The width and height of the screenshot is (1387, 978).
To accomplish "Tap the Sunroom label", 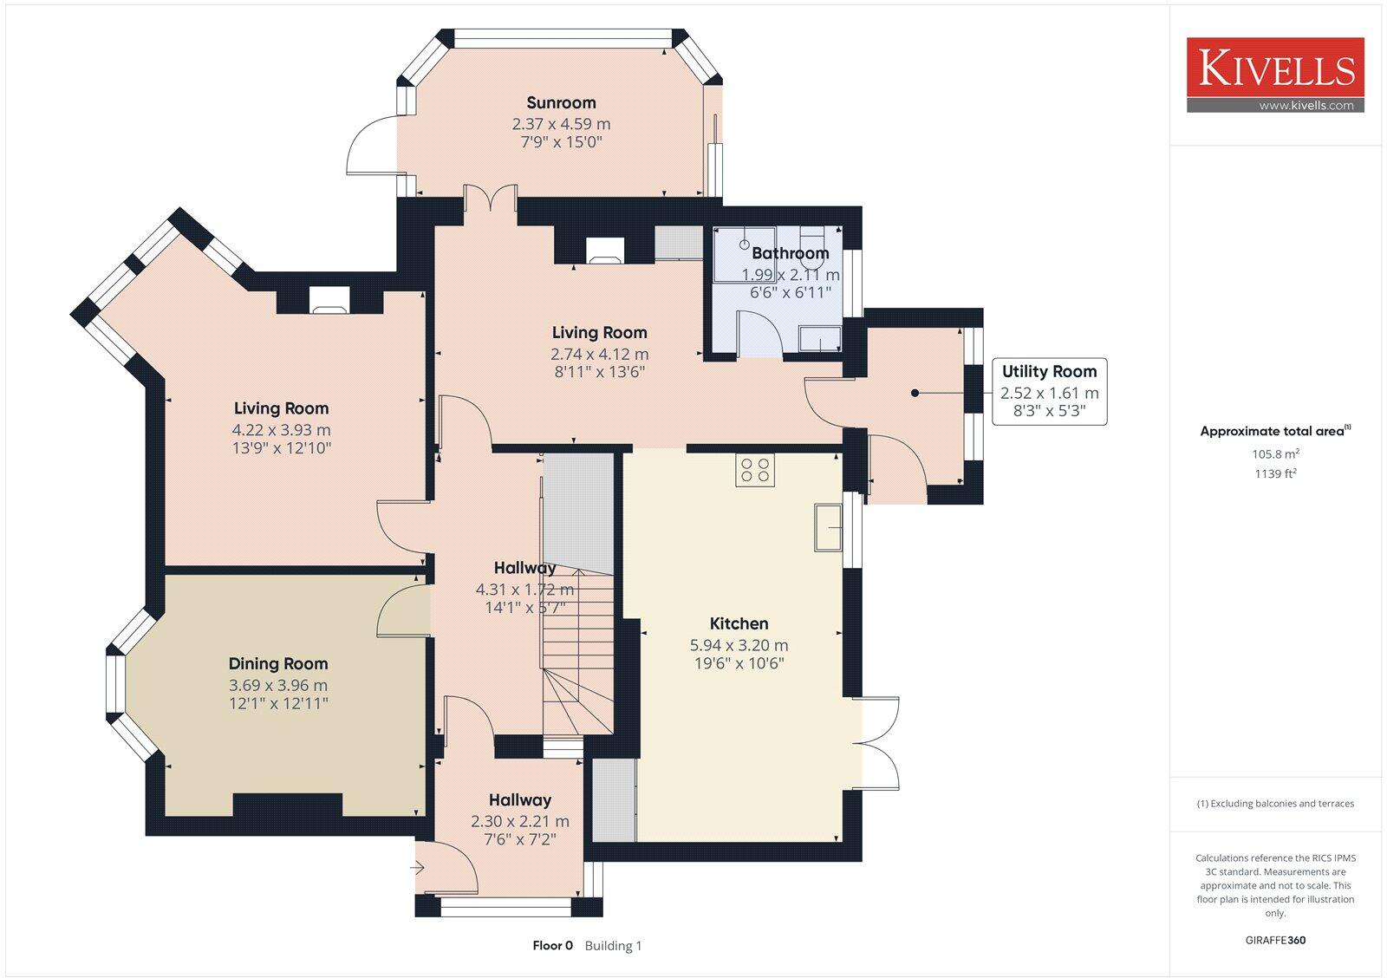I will (x=561, y=103).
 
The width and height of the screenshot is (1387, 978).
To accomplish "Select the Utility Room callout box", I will (x=1049, y=392).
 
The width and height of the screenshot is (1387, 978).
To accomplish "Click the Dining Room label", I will (x=278, y=664).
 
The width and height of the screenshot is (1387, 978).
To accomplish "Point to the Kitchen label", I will (x=739, y=623).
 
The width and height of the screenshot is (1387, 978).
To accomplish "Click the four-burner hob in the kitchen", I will (x=754, y=470).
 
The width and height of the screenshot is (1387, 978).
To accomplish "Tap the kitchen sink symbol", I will (x=828, y=526).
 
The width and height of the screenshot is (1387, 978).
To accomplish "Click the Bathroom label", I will (x=790, y=253).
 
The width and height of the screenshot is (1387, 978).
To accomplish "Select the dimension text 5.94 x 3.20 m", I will (x=739, y=645).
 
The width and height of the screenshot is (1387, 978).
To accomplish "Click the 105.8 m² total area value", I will (x=1275, y=454).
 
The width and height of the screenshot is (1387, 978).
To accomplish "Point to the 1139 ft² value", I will (x=1275, y=474).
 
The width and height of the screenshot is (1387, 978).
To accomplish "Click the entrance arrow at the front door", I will (x=420, y=866).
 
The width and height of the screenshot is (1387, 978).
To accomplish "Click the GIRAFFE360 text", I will (x=1275, y=940).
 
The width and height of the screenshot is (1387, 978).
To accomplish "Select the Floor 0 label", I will (x=552, y=946).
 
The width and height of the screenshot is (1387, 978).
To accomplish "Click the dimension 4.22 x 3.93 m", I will (x=281, y=430).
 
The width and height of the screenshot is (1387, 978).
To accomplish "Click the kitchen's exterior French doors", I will (x=877, y=742).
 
